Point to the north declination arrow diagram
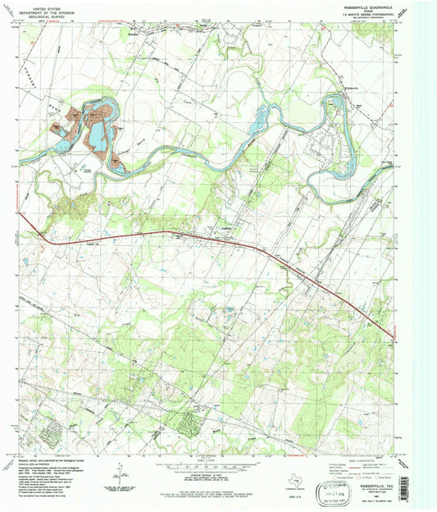pos(121,471)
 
